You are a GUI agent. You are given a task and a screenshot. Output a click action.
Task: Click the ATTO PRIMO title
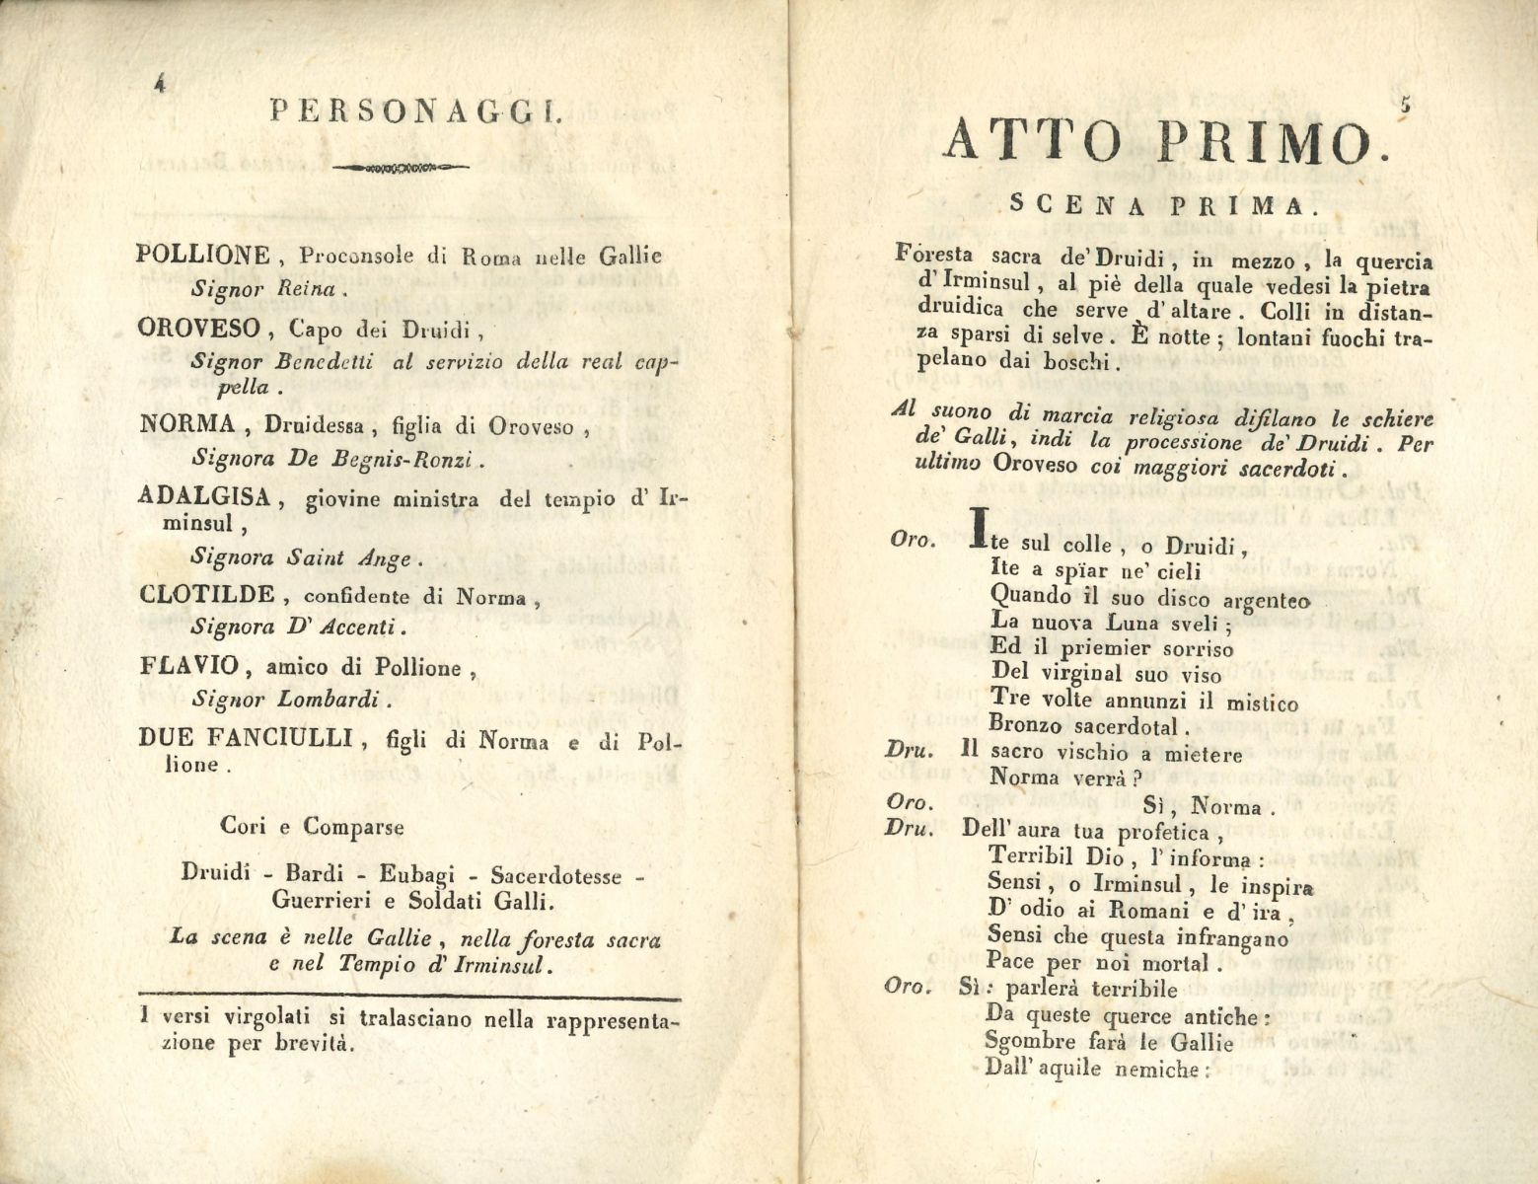(1158, 141)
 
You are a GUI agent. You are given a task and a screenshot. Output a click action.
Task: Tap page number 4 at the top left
(158, 85)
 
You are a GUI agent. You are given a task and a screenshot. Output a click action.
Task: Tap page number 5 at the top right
(1406, 103)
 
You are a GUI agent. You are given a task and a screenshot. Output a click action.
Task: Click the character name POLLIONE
(202, 256)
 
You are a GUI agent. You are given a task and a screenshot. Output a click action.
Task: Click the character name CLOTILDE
(207, 594)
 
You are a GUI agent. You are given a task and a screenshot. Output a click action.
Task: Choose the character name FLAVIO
(189, 665)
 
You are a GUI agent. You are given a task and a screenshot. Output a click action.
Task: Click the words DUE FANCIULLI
(246, 737)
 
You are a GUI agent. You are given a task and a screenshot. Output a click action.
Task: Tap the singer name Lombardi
(337, 701)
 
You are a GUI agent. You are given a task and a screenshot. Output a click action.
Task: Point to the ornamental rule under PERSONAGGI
(399, 169)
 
